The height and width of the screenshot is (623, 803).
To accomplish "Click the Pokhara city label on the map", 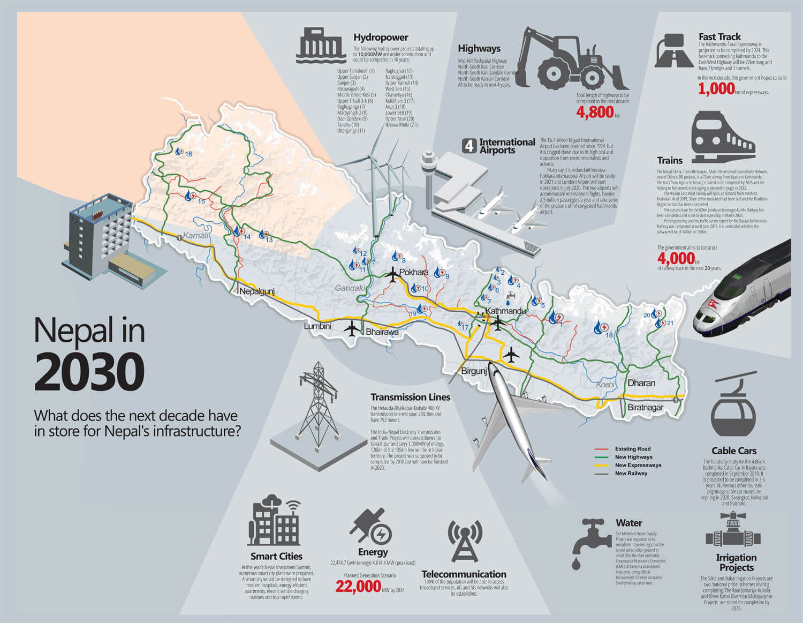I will coord(414,272).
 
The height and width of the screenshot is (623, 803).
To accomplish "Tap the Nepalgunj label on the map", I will coord(257,291).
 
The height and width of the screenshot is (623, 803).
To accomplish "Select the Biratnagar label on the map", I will coord(645,407).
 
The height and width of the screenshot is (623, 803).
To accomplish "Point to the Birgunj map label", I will coord(474,371).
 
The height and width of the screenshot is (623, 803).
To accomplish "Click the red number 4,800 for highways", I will coord(595,112).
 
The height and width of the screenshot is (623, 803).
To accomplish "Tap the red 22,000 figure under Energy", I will coord(358,587).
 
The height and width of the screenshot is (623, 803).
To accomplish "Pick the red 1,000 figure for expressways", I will coord(716,88).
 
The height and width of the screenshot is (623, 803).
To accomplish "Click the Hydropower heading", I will coord(381,37).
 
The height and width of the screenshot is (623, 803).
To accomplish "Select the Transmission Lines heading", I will coord(410,397).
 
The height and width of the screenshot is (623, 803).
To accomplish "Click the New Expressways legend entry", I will coord(638,465).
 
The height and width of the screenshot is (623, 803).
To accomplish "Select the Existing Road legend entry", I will coord(632,449).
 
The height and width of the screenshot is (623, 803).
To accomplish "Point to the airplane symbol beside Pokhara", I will coord(392,275).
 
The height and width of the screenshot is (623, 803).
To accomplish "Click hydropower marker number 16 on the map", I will coord(180,152).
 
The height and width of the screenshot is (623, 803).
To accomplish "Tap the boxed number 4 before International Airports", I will coord(469,145).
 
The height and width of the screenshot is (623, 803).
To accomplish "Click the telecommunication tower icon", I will coord(465,541).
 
